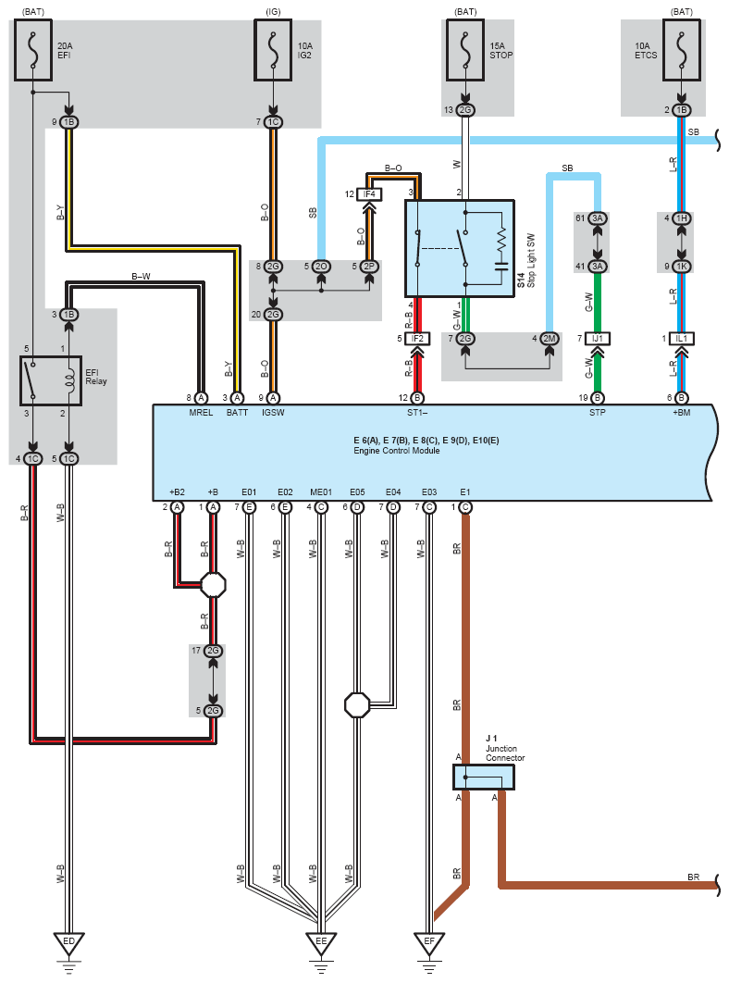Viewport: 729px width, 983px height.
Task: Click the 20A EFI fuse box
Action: (x=33, y=50)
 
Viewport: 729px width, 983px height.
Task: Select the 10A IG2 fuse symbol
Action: (x=273, y=50)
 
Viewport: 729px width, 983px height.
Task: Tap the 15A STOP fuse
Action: (x=465, y=50)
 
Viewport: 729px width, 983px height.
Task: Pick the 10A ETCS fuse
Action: (x=682, y=50)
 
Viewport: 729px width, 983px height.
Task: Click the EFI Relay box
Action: (x=51, y=381)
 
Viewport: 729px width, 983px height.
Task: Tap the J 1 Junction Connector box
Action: (x=483, y=778)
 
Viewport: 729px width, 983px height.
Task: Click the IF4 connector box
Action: (x=369, y=194)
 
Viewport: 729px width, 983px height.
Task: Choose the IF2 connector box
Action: (x=417, y=339)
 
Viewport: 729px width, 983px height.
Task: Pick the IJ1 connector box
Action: (x=598, y=339)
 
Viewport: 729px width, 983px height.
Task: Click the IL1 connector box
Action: (x=682, y=339)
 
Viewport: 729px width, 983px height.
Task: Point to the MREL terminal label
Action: (x=201, y=413)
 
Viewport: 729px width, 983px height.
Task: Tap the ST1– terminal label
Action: (x=417, y=413)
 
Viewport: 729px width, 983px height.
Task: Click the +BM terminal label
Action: (x=682, y=413)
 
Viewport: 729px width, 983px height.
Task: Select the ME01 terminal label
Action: (x=321, y=492)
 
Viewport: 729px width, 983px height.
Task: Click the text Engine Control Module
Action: (x=397, y=451)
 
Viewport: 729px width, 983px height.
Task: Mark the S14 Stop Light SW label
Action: (x=525, y=261)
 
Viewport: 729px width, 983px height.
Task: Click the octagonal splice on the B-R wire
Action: (x=213, y=585)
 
